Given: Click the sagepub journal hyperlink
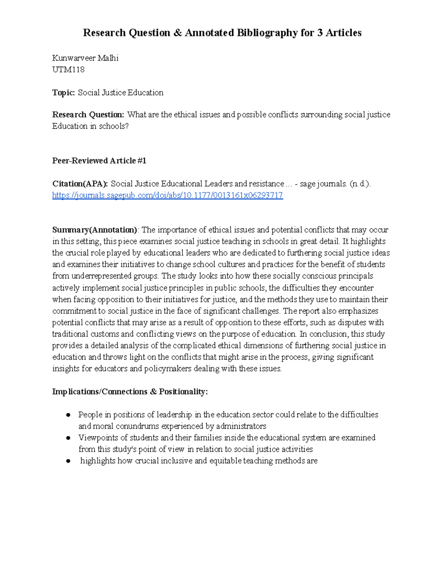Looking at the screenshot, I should pos(167,195).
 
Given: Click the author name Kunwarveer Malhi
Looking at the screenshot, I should pos(85,58).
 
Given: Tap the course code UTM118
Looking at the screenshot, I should pos(68,70).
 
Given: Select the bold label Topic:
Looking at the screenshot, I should pos(63,93).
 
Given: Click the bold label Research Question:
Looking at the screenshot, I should pos(88,115).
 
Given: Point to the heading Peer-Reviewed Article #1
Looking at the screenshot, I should pos(99,161).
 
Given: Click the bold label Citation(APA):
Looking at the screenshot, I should pos(80,184).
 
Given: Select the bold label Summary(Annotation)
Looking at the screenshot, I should pos(95,230).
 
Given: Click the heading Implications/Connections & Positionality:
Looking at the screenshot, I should pos(130,392).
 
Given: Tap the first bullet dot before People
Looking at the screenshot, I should pos(68,415).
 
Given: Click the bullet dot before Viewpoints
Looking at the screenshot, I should pos(68,438).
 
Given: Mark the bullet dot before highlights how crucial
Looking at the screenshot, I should pos(68,461).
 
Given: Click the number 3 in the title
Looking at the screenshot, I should pos(320,33).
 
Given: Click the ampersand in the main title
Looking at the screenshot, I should pos(177,33).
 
